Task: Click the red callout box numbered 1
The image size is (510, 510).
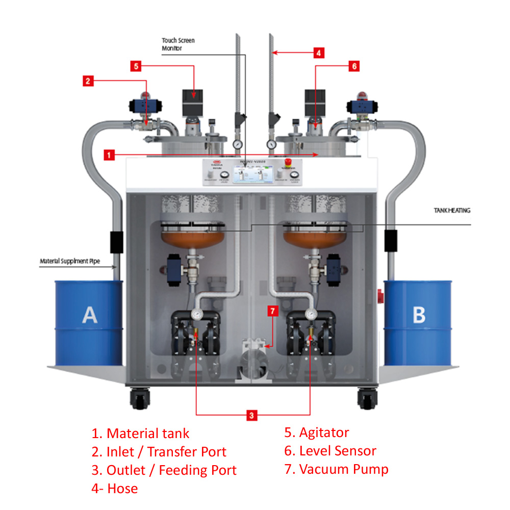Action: (108, 154)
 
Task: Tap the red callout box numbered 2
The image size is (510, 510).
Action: (88, 80)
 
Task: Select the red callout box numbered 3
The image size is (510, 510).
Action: (251, 415)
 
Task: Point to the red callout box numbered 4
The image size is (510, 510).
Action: (318, 52)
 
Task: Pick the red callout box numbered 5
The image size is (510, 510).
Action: (135, 66)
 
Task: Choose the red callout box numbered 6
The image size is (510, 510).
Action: (354, 66)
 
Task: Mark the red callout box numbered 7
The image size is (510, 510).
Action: (273, 312)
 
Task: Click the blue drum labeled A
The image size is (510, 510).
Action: (89, 321)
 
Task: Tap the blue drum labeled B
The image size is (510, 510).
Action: (418, 321)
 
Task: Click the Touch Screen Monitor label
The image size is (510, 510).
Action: (178, 44)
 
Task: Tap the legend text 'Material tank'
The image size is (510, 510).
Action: (147, 433)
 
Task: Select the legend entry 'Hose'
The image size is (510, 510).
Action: (122, 488)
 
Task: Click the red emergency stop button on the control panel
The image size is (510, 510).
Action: (288, 162)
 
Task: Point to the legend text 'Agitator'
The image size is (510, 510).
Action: (324, 433)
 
